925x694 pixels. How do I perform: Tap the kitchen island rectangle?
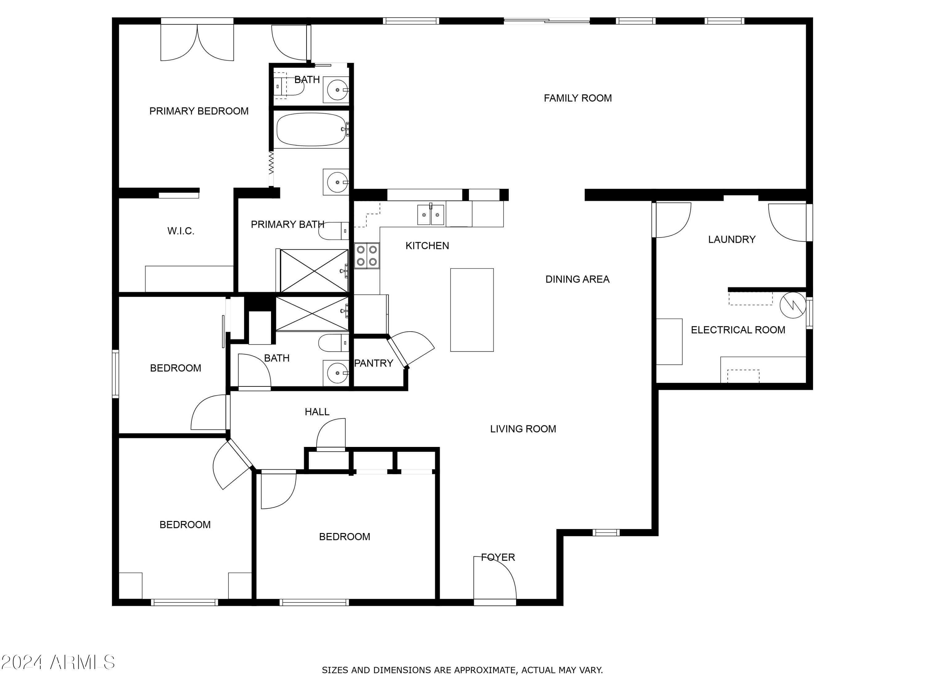[x=472, y=310]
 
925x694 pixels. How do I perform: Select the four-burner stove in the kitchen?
[x=367, y=256]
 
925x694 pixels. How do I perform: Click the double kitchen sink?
[x=431, y=215]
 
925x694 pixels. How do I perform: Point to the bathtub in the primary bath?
[x=311, y=129]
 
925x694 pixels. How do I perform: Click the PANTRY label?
[x=373, y=363]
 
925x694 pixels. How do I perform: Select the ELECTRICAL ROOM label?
[x=738, y=330]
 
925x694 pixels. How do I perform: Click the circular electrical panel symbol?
[x=793, y=305]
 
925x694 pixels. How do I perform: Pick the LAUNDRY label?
[x=732, y=239]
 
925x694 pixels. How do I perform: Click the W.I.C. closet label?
[x=181, y=231]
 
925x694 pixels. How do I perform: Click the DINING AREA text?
[x=577, y=279]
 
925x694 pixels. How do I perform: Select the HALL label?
[x=317, y=412]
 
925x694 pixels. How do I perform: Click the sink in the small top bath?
[x=336, y=89]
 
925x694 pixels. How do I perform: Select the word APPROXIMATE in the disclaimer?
[x=485, y=670]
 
